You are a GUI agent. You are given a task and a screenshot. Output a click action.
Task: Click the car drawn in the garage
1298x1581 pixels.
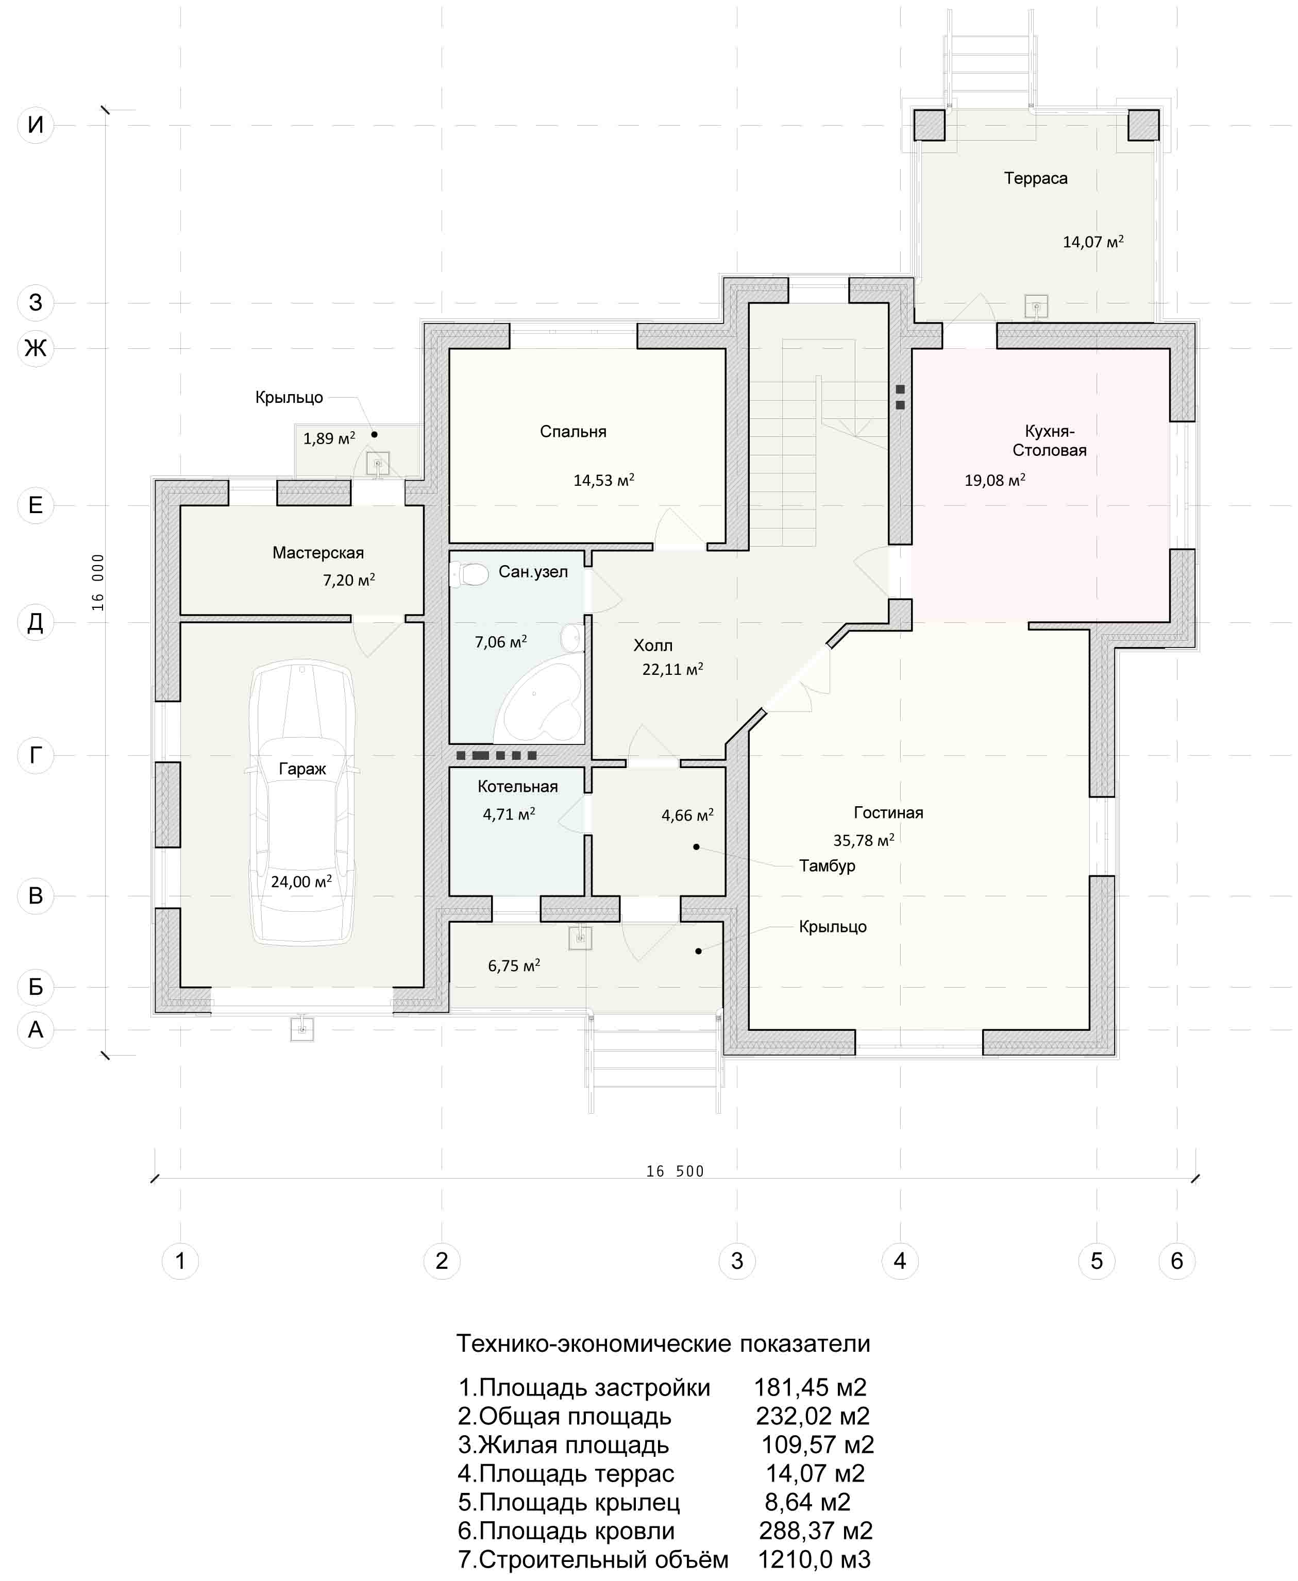click(x=302, y=804)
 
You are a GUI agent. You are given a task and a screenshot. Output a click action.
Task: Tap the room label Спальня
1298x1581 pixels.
click(x=572, y=431)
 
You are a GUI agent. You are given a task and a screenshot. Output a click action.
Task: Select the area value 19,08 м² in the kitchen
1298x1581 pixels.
click(x=994, y=480)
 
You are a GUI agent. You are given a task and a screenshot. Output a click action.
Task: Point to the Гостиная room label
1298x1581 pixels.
click(x=888, y=812)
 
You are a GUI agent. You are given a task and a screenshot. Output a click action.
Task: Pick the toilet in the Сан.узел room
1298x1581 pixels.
click(x=469, y=574)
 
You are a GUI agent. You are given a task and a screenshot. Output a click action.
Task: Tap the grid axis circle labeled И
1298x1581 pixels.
click(x=35, y=124)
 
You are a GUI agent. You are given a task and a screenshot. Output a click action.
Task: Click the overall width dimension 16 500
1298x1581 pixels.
click(x=675, y=1171)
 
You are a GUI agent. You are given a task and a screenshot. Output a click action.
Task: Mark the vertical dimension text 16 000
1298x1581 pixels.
click(x=98, y=582)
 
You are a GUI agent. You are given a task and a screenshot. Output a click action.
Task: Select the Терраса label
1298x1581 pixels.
click(x=1036, y=178)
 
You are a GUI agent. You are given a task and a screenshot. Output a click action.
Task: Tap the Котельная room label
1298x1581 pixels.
click(x=517, y=787)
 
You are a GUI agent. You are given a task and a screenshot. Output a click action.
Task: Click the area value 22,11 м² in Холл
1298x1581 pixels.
click(x=672, y=669)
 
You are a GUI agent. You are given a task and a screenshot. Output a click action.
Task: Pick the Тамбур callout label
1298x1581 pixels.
click(x=827, y=865)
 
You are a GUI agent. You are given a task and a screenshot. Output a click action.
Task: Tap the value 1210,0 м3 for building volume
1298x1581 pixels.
click(x=814, y=1559)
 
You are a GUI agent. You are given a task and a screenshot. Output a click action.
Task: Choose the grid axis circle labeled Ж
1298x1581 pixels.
click(x=35, y=348)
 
